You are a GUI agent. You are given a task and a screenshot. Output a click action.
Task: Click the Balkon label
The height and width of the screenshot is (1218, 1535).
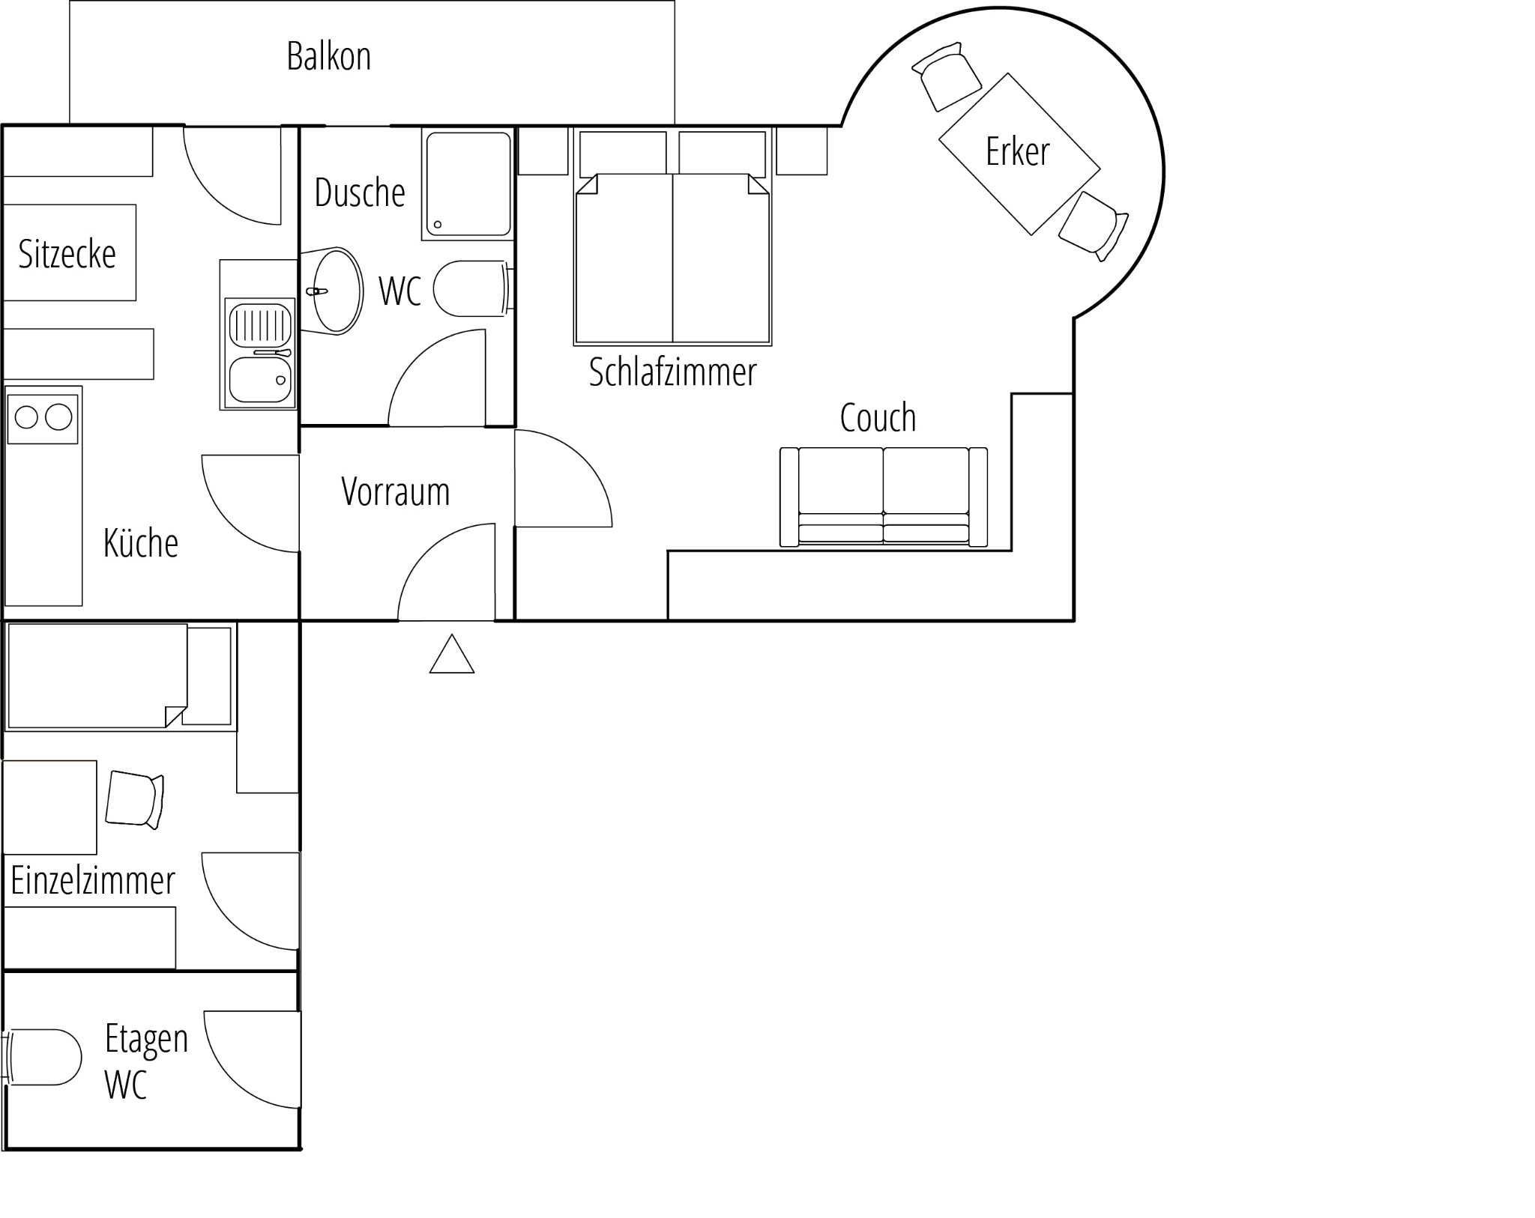(x=329, y=56)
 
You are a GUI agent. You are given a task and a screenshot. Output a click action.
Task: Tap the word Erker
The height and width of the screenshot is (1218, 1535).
(x=1017, y=151)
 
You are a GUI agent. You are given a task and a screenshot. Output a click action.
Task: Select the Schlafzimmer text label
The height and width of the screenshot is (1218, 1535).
(x=672, y=372)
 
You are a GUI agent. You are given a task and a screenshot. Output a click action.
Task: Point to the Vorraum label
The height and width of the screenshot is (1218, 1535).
(x=395, y=491)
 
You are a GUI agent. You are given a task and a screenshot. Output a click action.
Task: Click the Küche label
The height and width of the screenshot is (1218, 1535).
(x=141, y=542)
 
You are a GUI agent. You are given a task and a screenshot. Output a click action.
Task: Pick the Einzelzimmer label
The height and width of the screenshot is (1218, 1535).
(x=92, y=880)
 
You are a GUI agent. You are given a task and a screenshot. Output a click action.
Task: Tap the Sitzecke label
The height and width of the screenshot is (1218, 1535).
(x=67, y=254)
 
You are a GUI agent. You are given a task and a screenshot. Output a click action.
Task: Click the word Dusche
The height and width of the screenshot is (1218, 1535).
(x=360, y=193)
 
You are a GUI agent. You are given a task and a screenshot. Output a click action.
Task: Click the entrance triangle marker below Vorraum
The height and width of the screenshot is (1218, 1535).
(x=452, y=654)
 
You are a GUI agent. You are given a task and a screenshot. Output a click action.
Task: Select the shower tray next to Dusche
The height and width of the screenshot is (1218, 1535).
(x=468, y=184)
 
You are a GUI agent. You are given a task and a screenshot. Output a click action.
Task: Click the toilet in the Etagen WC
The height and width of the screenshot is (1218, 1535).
(x=42, y=1056)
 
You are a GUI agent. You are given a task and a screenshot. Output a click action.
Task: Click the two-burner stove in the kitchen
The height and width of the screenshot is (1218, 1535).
(x=43, y=418)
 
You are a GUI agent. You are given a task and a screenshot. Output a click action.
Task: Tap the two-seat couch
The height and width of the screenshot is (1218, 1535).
(x=884, y=497)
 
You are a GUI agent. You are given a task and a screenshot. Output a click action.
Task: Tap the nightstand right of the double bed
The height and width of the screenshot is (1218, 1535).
(x=801, y=151)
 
